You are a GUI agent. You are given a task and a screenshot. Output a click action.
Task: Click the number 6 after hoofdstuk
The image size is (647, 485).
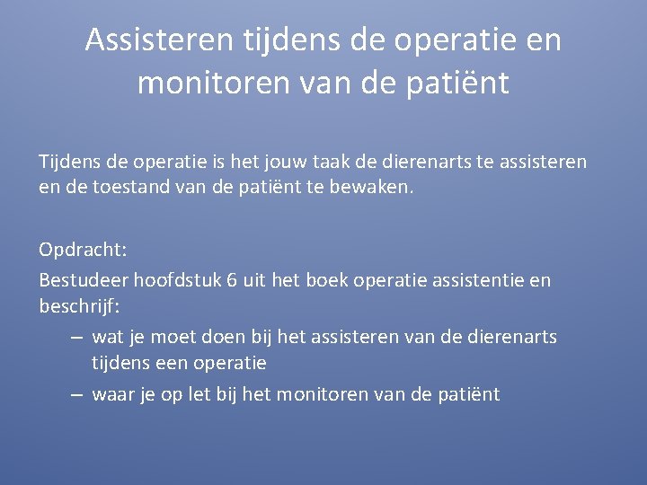232,280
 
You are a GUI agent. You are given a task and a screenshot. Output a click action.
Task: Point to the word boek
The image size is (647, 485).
326,280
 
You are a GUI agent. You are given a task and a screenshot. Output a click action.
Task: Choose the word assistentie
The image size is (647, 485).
483,280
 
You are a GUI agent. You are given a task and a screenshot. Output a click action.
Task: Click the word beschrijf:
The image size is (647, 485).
79,305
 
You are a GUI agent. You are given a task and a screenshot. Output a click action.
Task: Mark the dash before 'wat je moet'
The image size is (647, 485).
76,338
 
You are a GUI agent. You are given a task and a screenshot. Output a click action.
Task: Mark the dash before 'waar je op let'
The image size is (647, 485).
76,394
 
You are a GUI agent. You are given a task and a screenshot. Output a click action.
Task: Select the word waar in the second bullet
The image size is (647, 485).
113,394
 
